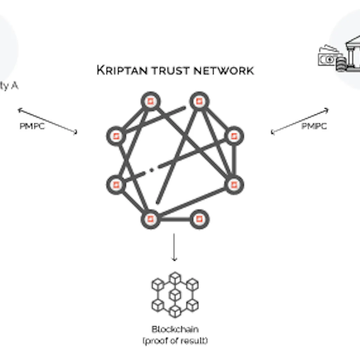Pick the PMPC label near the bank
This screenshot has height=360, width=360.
(x=314, y=126)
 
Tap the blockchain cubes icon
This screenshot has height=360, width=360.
(x=175, y=295)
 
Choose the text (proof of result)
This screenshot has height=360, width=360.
(x=175, y=341)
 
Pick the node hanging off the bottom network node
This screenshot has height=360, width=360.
(x=199, y=219)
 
